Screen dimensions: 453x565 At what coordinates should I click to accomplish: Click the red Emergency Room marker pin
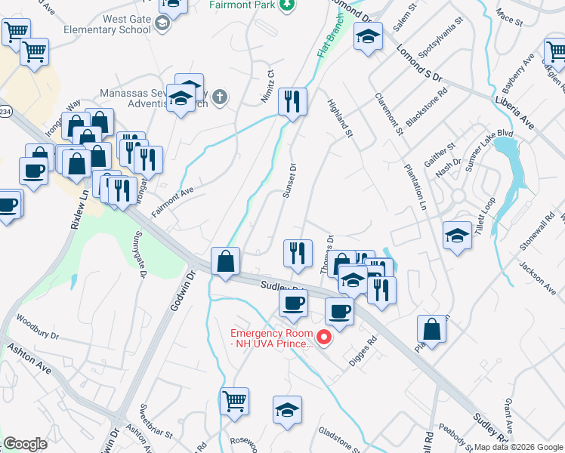[x=325, y=337]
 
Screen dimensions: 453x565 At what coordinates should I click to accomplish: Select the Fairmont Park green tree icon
[x=286, y=5]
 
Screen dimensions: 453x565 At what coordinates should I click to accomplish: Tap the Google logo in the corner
[x=25, y=444]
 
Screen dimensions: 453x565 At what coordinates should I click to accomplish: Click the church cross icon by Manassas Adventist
[x=219, y=97]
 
